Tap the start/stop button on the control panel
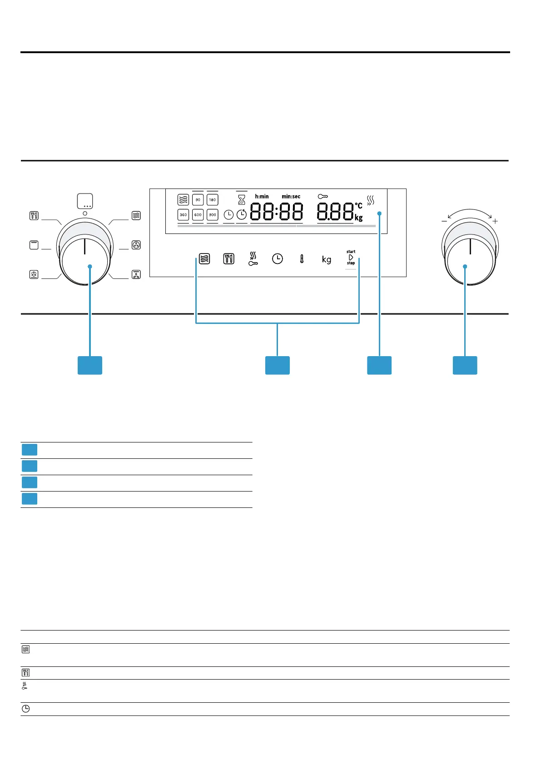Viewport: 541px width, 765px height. tap(351, 257)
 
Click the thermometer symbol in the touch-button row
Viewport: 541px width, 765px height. tap(302, 259)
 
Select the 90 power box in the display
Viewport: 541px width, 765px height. tap(198, 200)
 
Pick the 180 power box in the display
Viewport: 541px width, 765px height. tap(213, 200)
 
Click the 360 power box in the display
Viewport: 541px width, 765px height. tap(183, 214)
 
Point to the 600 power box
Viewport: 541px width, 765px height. tap(198, 214)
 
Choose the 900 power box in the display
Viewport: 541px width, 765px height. tap(213, 214)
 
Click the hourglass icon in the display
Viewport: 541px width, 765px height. tap(242, 199)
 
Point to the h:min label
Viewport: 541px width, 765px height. tap(262, 197)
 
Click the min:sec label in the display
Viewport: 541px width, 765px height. tap(291, 197)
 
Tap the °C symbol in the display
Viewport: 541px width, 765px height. tap(358, 206)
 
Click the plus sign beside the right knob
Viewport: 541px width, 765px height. tap(495, 221)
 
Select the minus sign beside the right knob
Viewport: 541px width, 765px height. tap(444, 221)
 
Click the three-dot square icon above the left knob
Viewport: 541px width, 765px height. tap(85, 201)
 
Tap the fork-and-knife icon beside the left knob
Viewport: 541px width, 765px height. tap(34, 215)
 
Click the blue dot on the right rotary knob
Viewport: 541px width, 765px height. tap(465, 267)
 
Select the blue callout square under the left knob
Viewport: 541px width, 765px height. tap(90, 365)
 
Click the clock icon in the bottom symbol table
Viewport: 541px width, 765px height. tap(26, 709)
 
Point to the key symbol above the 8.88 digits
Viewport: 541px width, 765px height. tap(323, 197)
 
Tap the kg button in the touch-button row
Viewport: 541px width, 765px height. tap(326, 259)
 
